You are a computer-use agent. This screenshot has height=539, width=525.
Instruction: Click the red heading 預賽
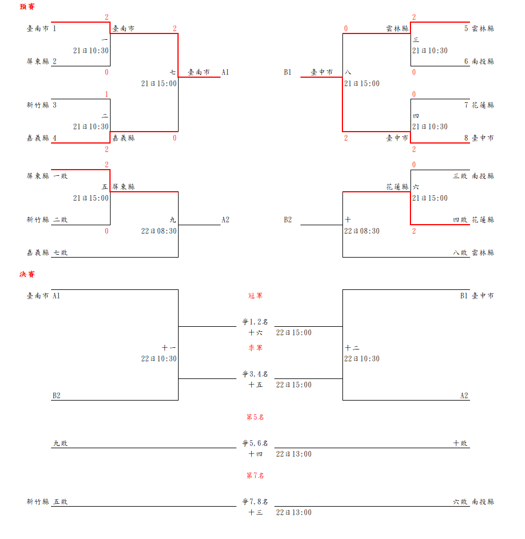[27, 7]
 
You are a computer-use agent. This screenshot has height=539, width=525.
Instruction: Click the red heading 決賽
[27, 275]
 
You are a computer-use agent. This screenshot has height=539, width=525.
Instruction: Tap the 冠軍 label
[255, 296]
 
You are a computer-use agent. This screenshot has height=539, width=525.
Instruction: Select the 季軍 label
[255, 348]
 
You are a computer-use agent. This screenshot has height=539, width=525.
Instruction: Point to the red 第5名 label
[255, 417]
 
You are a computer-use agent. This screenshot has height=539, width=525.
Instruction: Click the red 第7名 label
[255, 475]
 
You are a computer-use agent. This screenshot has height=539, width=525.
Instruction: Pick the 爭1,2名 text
[255, 322]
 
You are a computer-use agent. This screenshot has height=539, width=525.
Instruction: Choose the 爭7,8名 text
[255, 502]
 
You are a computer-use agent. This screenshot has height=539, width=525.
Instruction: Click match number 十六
[255, 332]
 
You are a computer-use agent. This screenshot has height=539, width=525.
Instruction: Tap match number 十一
[169, 348]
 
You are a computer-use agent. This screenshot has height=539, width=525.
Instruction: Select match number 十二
[352, 348]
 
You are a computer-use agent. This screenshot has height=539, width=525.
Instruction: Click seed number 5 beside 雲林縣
[466, 28]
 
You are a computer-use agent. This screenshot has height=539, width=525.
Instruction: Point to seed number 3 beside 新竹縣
[54, 105]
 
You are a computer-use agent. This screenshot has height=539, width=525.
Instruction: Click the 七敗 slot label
[60, 252]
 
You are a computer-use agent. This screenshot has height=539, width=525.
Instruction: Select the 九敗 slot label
[60, 443]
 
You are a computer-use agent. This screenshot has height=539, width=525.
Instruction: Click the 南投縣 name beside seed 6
[482, 61]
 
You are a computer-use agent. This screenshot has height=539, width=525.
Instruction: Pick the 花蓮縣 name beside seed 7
[482, 105]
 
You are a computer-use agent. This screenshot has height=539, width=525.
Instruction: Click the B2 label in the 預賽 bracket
[288, 220]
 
